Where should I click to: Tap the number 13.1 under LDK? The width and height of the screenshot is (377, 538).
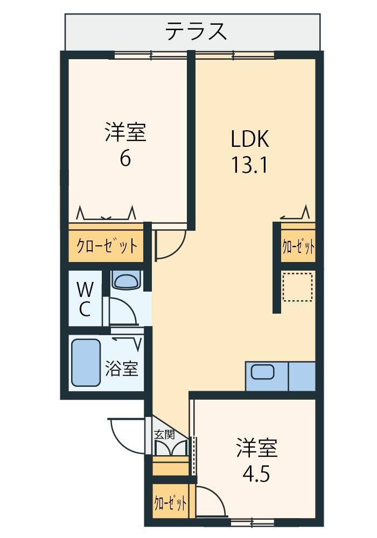(249, 164)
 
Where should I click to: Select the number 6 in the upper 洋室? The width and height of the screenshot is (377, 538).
(125, 158)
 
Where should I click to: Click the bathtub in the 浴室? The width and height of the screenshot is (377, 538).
(86, 363)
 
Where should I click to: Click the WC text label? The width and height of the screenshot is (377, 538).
(85, 300)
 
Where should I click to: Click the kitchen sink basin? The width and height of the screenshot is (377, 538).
(262, 372)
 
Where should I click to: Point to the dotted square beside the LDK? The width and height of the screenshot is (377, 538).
(297, 287)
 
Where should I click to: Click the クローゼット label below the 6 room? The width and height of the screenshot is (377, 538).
(107, 246)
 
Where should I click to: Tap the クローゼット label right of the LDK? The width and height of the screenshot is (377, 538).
(298, 246)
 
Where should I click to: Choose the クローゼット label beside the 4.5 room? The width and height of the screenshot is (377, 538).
(170, 503)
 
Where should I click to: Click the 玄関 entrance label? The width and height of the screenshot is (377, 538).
(164, 434)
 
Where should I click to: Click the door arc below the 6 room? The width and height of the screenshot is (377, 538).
(177, 251)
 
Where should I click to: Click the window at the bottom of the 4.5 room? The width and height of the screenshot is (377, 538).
(253, 522)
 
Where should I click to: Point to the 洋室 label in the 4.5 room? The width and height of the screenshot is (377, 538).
(256, 448)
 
